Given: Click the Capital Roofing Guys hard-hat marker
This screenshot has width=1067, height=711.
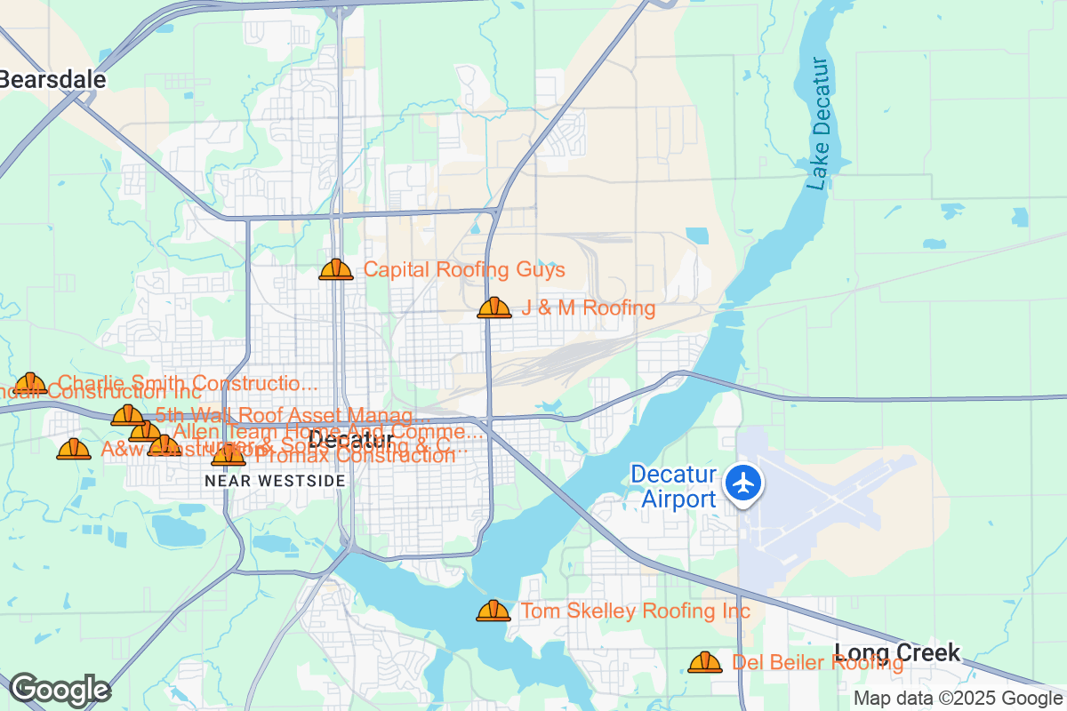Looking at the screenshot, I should (x=336, y=269).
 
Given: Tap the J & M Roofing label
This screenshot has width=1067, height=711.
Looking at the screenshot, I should (x=588, y=308).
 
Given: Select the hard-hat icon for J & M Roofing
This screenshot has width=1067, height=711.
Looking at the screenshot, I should (x=494, y=308).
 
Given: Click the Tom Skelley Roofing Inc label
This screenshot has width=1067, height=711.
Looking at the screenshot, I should (x=635, y=611).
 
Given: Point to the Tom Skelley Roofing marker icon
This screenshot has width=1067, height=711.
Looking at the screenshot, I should (x=493, y=611).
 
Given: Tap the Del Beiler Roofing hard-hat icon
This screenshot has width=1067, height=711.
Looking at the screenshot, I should (x=705, y=662).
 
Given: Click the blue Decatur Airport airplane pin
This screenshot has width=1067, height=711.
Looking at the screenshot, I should (x=743, y=483).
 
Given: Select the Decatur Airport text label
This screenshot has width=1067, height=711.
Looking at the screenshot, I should (x=673, y=486).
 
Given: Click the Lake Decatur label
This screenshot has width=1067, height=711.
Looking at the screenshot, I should (x=819, y=124).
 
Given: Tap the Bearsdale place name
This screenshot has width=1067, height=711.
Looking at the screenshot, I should (x=53, y=79).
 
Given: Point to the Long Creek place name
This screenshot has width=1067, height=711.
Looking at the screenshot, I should (x=897, y=652).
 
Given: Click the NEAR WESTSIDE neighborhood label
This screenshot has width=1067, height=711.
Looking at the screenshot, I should (x=275, y=480).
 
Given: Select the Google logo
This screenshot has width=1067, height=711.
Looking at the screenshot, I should (x=60, y=690).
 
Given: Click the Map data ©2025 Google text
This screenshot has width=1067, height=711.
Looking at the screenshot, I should (x=959, y=699).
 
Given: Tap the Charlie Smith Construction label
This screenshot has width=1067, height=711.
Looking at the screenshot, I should (x=188, y=384).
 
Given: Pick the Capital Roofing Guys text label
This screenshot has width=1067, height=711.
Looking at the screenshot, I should (x=464, y=269).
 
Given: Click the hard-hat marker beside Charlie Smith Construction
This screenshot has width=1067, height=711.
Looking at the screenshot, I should (x=30, y=384).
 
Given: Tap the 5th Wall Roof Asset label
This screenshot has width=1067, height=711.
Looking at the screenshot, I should (x=285, y=415).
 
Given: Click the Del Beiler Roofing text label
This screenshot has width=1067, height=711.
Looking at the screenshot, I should (x=817, y=662).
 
